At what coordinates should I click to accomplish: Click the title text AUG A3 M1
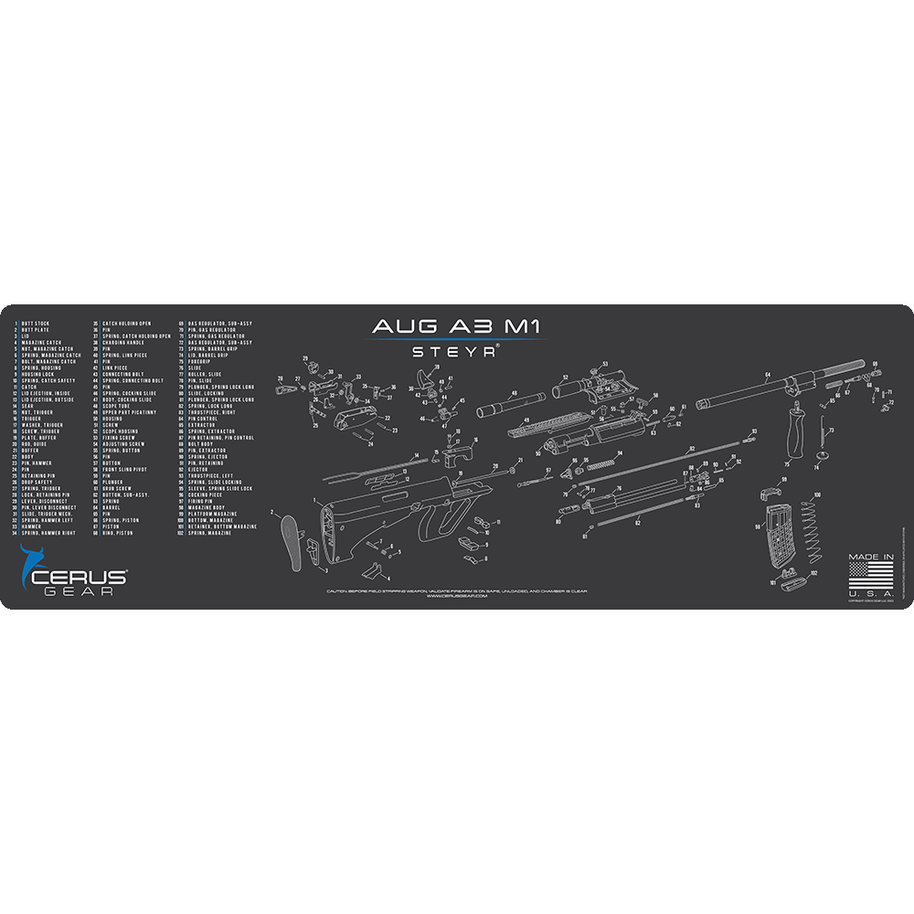(454, 326)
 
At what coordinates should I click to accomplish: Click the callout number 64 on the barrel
(767, 376)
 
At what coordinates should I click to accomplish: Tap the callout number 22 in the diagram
(388, 418)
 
